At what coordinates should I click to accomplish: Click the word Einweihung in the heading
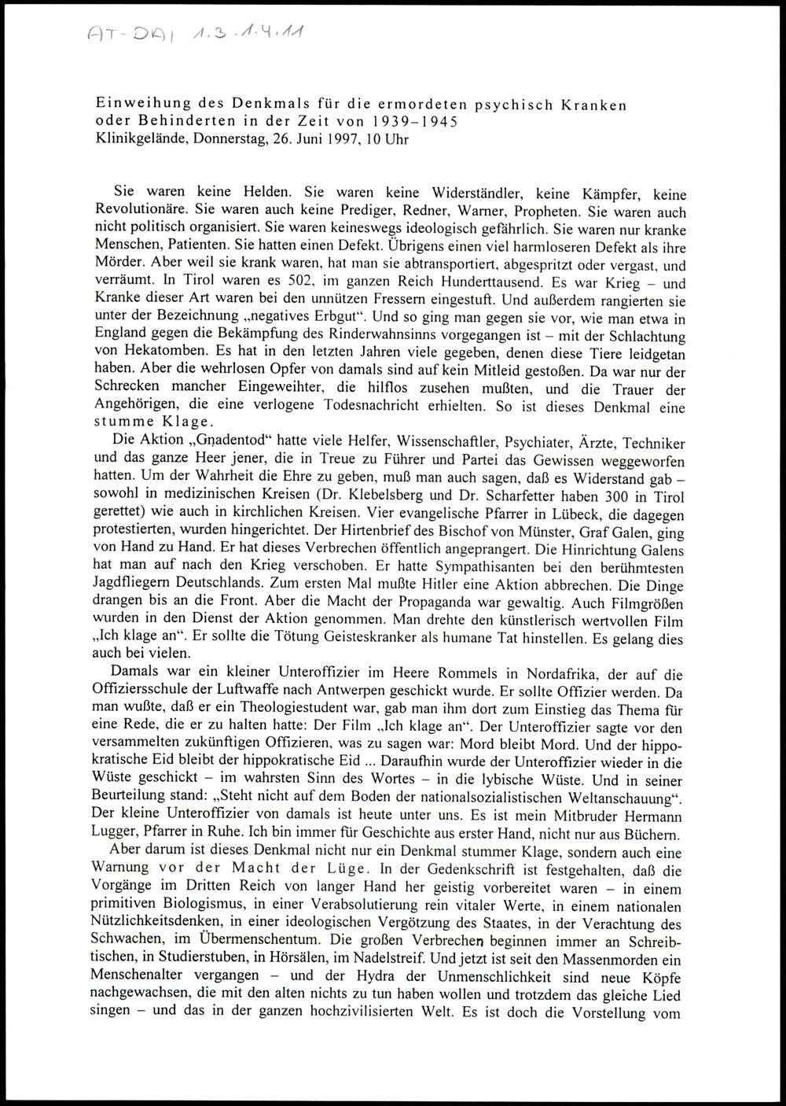(x=138, y=104)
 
